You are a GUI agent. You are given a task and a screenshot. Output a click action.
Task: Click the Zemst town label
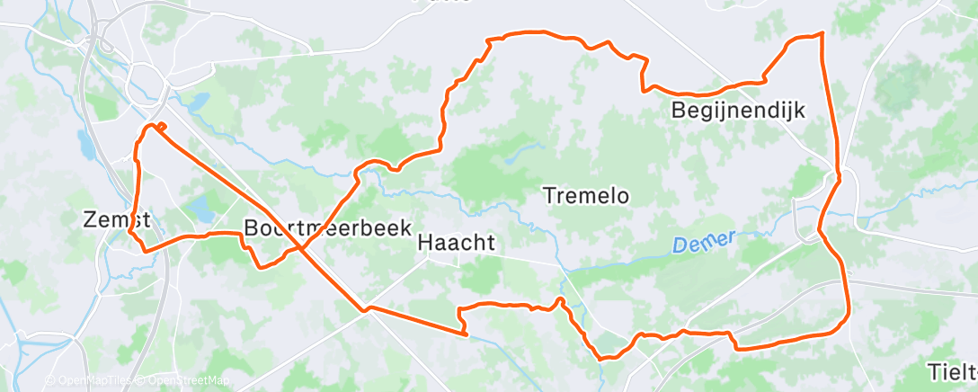point(114,219)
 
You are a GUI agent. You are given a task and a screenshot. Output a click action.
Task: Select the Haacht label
point(457,243)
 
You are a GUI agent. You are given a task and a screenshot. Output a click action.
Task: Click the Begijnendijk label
point(738,111)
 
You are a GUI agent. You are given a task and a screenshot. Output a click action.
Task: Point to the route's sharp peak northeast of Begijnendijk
point(822,34)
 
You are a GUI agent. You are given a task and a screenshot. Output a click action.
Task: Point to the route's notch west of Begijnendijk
point(644,88)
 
